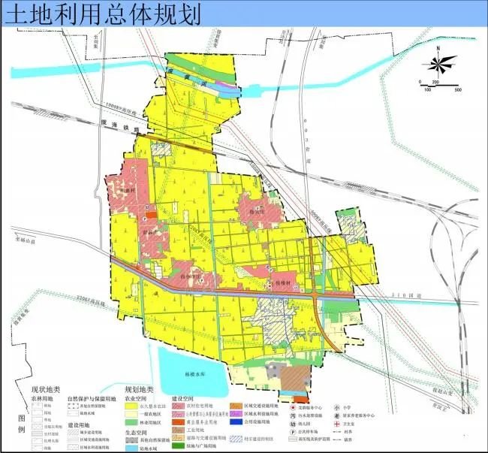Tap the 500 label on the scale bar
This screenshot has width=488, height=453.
click(456, 89)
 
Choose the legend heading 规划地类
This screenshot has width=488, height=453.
click(138, 389)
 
